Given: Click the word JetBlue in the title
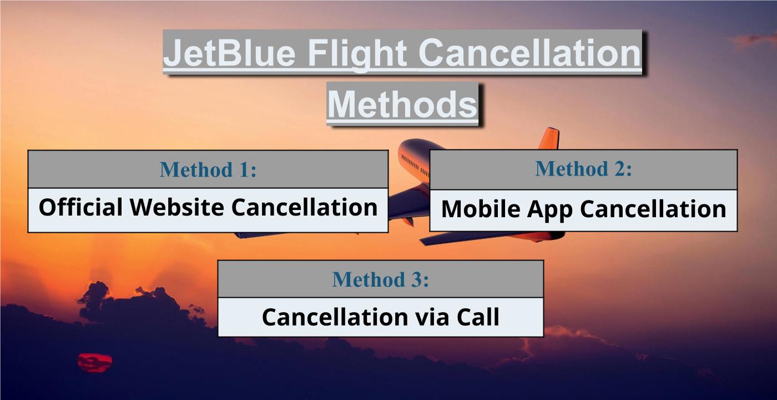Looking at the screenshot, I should point(230,53).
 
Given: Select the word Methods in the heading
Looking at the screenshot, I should point(402,104).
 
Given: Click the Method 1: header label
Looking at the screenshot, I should point(208,169).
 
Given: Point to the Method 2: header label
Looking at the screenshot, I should point(583,168).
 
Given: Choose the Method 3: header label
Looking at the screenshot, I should point(380,279).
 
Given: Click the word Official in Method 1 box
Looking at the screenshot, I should point(80,208).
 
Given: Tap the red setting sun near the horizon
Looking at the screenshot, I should point(94,362).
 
